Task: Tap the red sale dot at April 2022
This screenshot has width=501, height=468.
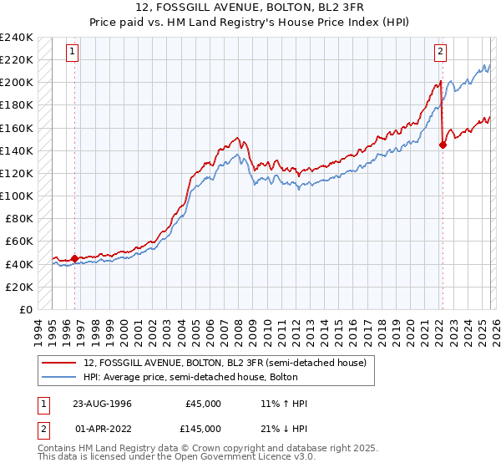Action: (443, 145)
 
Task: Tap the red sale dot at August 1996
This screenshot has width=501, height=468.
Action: (74, 258)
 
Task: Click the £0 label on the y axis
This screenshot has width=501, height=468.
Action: (25, 309)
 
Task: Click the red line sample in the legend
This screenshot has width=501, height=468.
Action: (60, 363)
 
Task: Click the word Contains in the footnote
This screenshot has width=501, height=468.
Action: (58, 450)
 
